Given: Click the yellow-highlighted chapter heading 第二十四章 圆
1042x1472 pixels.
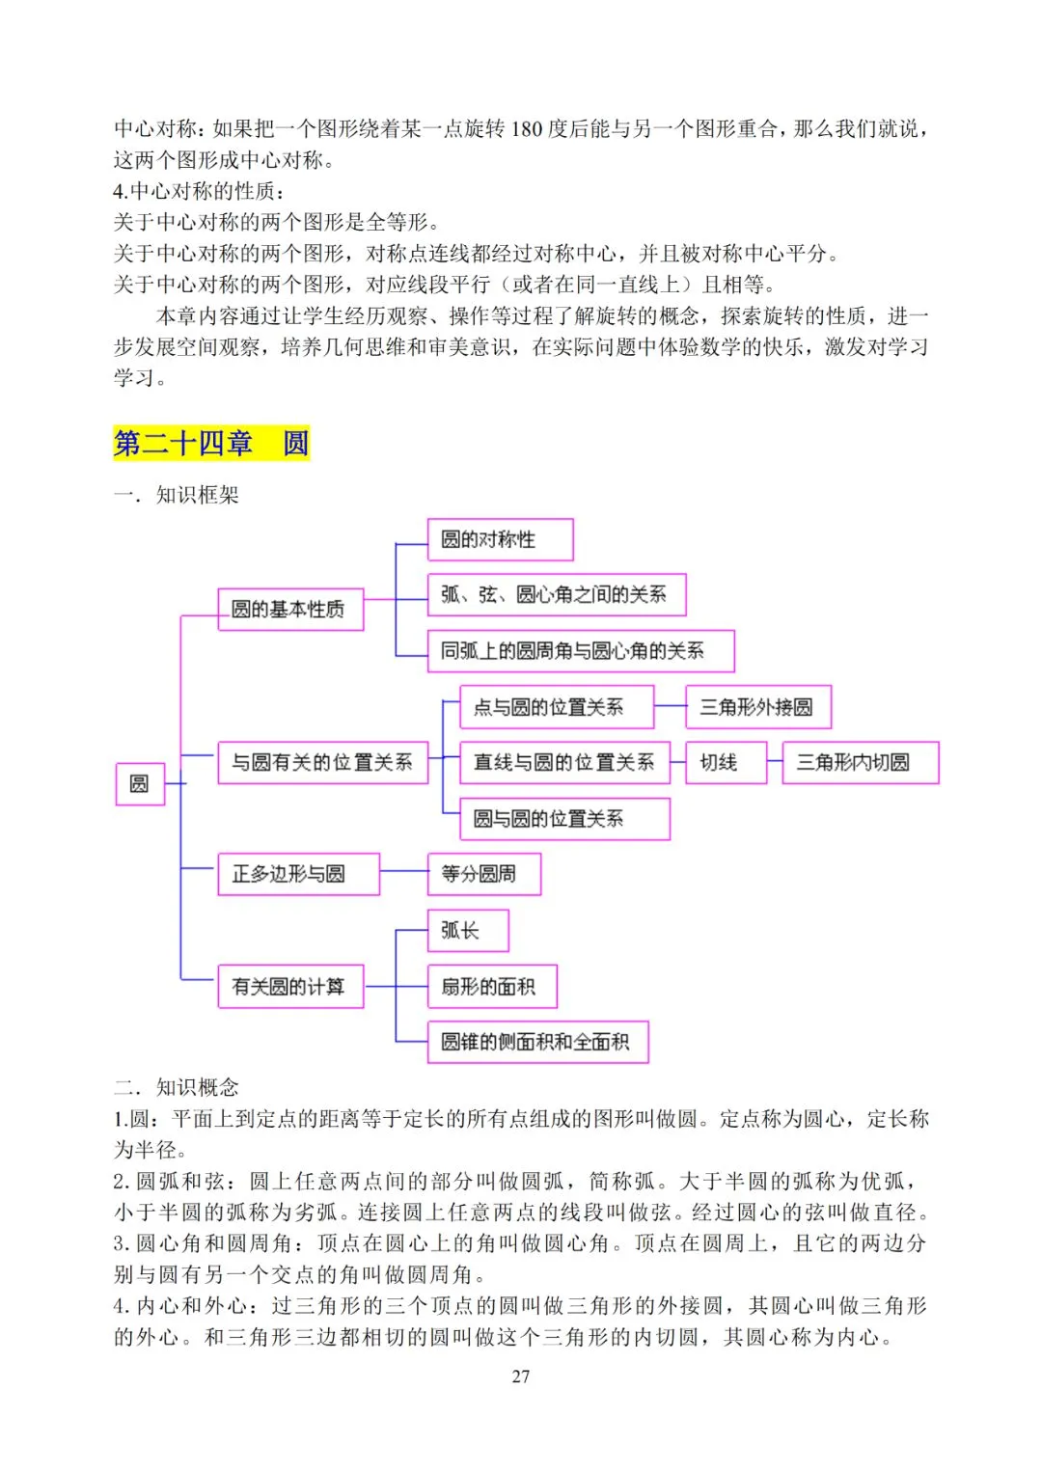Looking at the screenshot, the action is click(x=211, y=443).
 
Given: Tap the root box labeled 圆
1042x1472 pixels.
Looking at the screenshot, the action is click(x=140, y=783).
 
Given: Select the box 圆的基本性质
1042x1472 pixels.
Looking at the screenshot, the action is click(x=290, y=610).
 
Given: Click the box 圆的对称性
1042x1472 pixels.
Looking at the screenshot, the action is click(x=500, y=539).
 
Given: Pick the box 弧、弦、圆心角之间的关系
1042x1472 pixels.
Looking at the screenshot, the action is click(x=557, y=594).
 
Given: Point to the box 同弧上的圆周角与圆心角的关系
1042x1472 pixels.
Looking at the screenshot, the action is click(x=581, y=651).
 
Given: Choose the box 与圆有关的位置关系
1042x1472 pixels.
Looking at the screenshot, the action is click(x=322, y=763).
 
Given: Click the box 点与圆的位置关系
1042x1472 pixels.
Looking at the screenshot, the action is click(x=557, y=707).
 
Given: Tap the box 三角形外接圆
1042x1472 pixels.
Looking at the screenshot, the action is click(x=757, y=707).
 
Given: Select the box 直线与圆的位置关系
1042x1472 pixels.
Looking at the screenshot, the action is click(x=564, y=763).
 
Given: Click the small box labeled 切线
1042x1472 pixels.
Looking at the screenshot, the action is click(x=726, y=763).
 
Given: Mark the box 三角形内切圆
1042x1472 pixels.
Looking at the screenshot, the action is click(x=860, y=763).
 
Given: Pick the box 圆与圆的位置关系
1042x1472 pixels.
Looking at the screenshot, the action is click(x=564, y=819).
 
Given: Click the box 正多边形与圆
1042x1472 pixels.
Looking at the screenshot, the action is click(x=298, y=874).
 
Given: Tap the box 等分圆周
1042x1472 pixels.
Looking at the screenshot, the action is click(x=483, y=874).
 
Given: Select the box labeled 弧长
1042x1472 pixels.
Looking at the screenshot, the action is click(x=468, y=930).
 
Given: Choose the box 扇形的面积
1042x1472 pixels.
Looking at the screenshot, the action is click(x=492, y=987).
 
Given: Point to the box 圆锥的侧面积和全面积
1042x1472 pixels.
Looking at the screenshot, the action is click(x=537, y=1042).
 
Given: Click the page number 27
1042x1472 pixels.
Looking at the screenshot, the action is click(x=521, y=1377).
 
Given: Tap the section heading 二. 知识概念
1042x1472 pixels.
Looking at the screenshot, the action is click(x=177, y=1087).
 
